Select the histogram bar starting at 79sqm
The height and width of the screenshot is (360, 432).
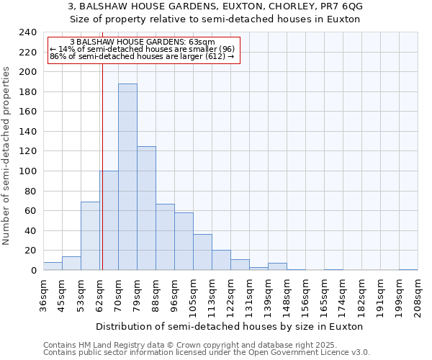coord(146,208)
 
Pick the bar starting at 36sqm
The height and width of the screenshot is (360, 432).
coord(53,266)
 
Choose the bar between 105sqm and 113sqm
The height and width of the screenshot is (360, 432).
coord(202,252)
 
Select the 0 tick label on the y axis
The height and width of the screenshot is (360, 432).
coord(33,271)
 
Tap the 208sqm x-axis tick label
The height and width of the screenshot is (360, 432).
coord(418,294)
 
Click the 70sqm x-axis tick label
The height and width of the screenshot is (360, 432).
coord(118,294)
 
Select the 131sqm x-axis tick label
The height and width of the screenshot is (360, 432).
coord(249,294)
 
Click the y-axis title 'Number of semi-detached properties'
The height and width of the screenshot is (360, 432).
coord(7,156)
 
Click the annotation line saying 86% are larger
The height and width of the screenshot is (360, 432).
coord(142,56)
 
